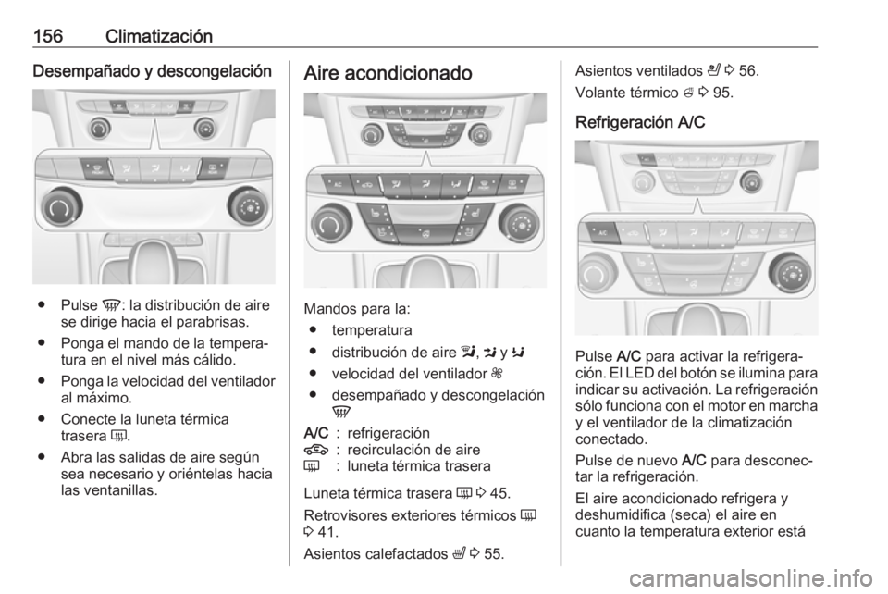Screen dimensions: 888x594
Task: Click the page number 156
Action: [47, 36]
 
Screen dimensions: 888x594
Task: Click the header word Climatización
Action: [158, 36]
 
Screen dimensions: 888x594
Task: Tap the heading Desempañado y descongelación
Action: [153, 72]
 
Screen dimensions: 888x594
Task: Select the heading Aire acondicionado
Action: [388, 73]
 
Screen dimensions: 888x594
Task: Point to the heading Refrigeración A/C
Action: [640, 122]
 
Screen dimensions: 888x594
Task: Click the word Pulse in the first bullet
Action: [79, 305]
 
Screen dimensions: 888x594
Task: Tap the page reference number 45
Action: [500, 493]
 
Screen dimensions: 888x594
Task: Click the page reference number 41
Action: [327, 532]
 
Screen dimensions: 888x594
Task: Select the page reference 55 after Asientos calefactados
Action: [494, 553]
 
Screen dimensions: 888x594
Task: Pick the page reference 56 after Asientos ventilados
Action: [748, 71]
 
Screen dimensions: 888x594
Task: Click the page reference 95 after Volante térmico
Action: [723, 93]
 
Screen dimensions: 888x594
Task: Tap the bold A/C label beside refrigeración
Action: [316, 433]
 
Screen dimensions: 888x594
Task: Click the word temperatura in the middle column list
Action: [372, 330]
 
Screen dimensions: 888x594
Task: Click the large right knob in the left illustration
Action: [249, 207]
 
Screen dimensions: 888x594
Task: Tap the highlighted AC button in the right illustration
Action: [602, 233]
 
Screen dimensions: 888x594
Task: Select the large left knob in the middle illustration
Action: [331, 225]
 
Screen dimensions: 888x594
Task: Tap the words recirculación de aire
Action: [413, 450]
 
